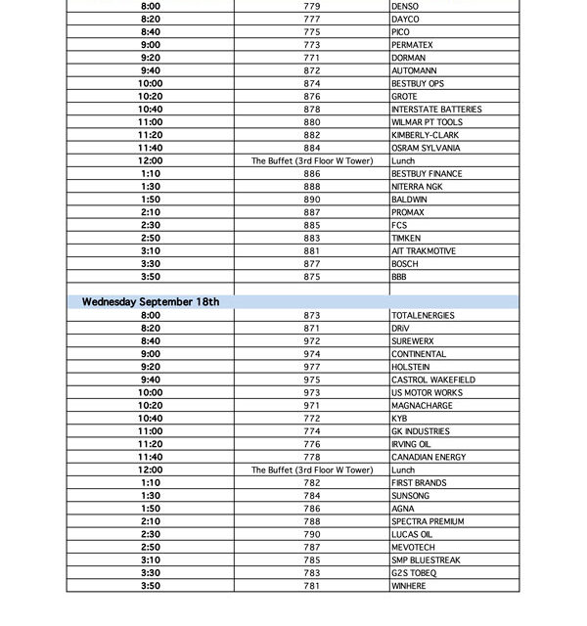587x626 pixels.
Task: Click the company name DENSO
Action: (404, 6)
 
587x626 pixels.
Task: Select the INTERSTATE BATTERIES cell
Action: (435, 110)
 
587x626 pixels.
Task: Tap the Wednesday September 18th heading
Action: (151, 301)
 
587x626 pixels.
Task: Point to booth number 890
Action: (312, 200)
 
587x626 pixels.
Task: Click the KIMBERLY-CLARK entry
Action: (425, 135)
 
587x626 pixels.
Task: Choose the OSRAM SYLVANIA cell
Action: (425, 148)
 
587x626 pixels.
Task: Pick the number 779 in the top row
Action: (312, 6)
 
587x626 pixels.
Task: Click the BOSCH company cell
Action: (404, 264)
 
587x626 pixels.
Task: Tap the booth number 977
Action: (312, 367)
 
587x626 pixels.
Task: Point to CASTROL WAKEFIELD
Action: (432, 380)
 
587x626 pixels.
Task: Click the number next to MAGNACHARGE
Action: (312, 405)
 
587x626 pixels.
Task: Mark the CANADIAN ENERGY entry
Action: (429, 457)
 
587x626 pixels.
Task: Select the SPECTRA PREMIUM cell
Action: (428, 521)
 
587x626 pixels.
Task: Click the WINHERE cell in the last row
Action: (409, 586)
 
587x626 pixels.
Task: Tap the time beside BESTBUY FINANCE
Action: (151, 174)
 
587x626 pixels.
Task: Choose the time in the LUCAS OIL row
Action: (151, 534)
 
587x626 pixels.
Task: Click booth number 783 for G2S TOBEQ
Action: (312, 573)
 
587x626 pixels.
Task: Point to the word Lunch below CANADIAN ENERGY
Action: (403, 469)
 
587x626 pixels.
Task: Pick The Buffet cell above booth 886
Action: (312, 160)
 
